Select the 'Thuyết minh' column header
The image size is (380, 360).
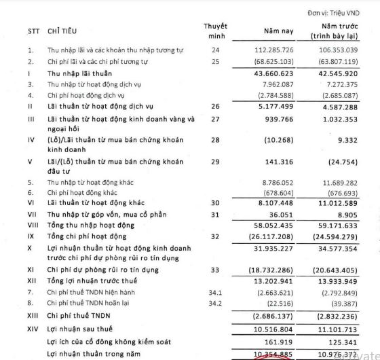tap(215, 31)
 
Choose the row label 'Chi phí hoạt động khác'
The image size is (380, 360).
tap(84, 193)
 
